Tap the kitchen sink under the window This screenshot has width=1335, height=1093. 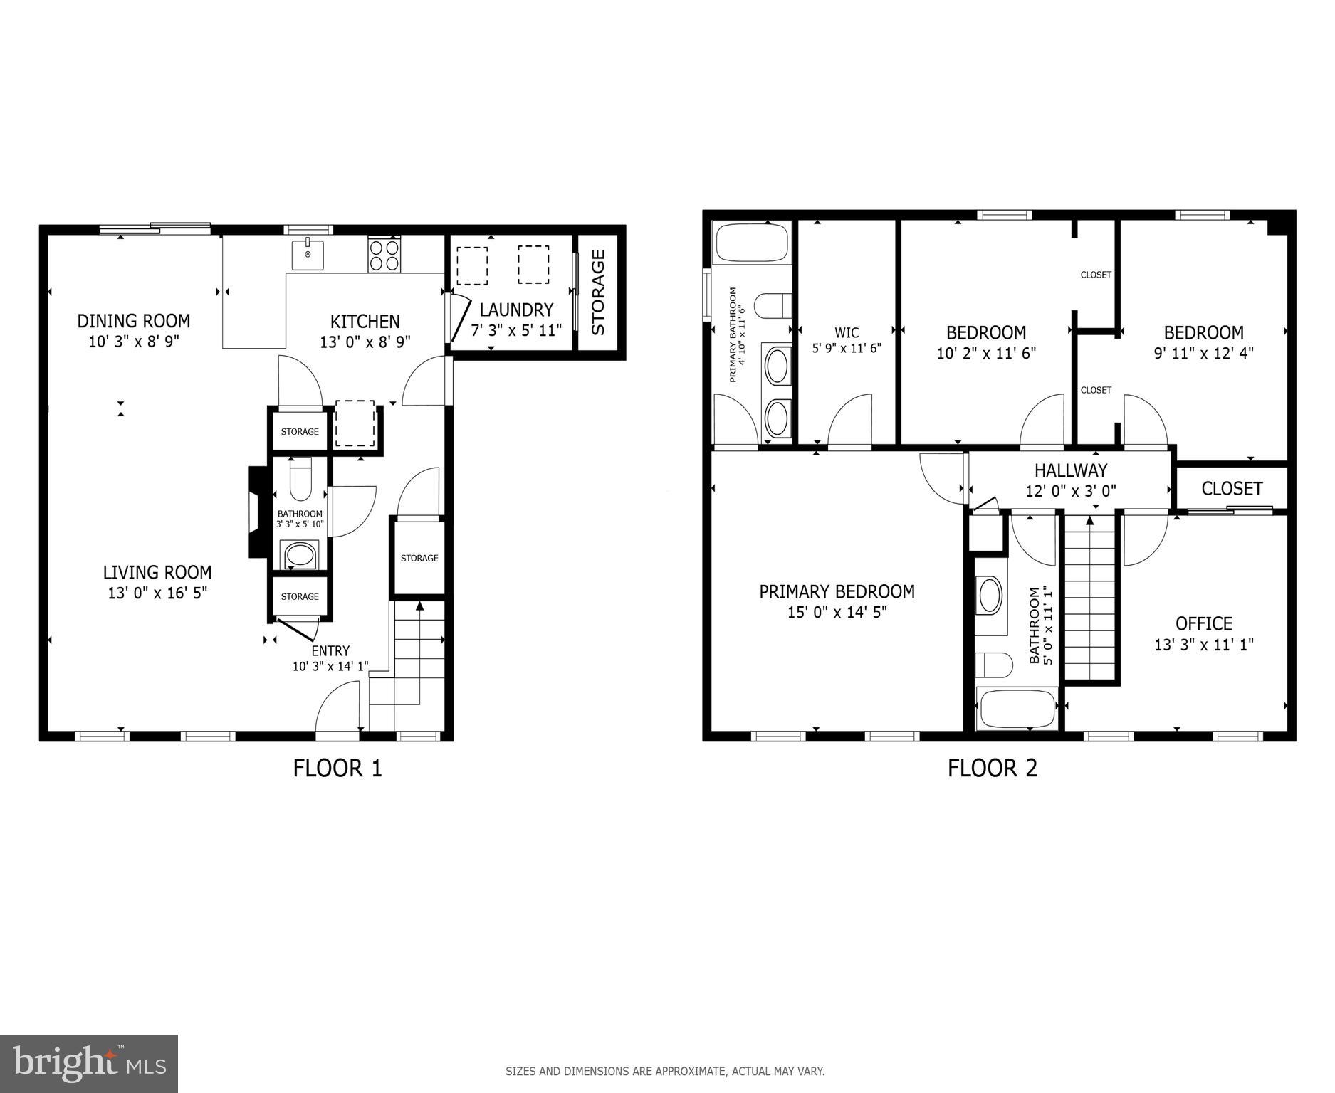(x=308, y=255)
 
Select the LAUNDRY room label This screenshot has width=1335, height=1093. (x=516, y=310)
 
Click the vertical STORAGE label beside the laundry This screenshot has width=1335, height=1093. (x=598, y=292)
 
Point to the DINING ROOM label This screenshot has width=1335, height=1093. (x=133, y=321)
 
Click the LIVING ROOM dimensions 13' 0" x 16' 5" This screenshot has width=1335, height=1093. (x=157, y=593)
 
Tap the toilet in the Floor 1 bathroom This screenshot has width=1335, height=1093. (x=300, y=479)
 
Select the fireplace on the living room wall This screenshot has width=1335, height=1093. (x=255, y=512)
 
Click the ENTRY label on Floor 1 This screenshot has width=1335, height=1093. (x=330, y=651)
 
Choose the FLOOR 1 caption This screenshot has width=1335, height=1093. (x=337, y=769)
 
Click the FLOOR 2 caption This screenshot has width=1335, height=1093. (x=992, y=769)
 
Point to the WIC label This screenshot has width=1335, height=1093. (x=846, y=332)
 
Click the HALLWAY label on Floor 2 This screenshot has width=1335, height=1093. (x=1070, y=470)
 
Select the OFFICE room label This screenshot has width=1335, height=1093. (x=1203, y=624)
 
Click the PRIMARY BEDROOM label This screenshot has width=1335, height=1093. (x=837, y=592)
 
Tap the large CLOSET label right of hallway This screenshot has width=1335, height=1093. (x=1231, y=489)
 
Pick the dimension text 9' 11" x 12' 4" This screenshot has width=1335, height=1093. (x=1203, y=353)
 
